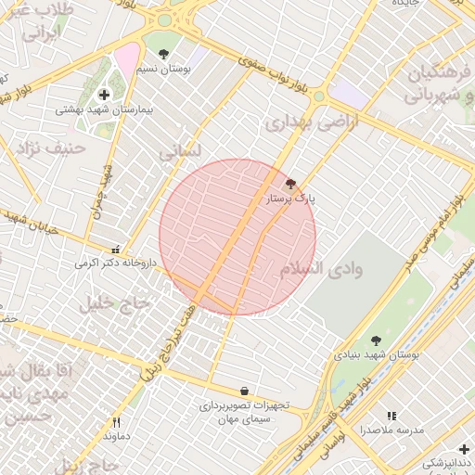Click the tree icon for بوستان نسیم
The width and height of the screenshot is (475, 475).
click(x=164, y=55)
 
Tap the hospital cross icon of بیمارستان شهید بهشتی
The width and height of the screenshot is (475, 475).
click(x=104, y=95)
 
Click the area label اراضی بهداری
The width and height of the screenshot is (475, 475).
click(x=298, y=122)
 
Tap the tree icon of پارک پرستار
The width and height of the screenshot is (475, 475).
click(x=291, y=184)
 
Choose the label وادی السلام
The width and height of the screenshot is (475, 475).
click(x=320, y=269)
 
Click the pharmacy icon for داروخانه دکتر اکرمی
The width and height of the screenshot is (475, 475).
click(x=116, y=250)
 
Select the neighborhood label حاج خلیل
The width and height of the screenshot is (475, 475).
click(x=115, y=302)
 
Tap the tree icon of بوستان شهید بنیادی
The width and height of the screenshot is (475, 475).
click(x=376, y=340)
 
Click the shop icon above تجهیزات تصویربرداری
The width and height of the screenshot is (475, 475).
click(x=244, y=392)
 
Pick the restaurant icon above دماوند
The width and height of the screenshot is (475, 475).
click(x=116, y=422)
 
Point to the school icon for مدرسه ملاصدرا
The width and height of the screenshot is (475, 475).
click(x=391, y=417)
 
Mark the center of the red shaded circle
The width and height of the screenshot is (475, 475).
click(x=237, y=237)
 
